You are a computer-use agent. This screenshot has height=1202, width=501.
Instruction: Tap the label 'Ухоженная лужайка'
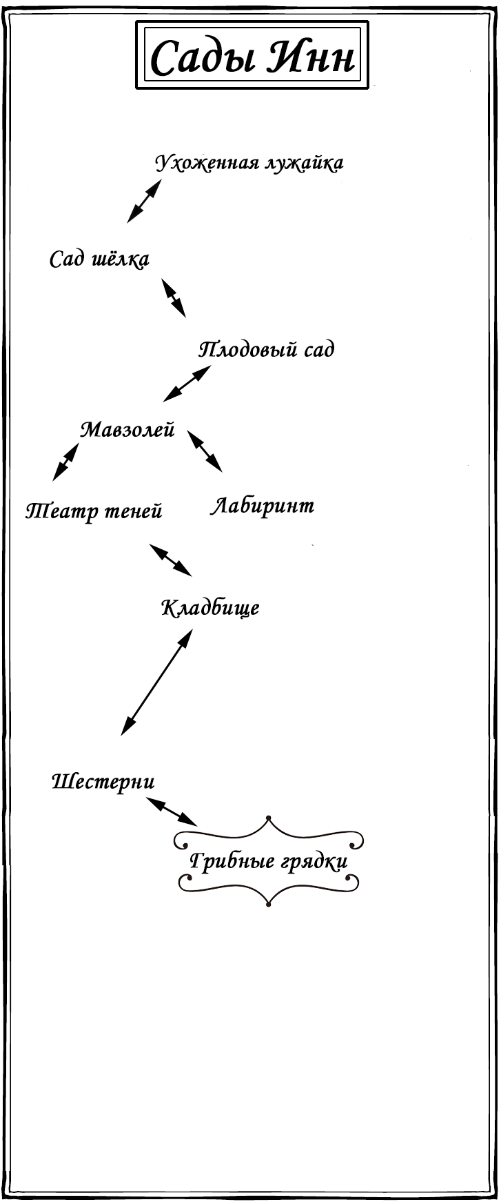point(249,164)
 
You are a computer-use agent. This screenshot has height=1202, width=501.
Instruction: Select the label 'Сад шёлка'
point(99,259)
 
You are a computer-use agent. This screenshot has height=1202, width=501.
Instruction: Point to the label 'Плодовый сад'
point(267,350)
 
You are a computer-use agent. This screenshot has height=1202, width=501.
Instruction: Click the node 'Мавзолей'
point(127,430)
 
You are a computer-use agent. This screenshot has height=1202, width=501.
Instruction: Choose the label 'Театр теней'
point(94,511)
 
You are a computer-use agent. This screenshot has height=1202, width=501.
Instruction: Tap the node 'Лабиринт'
point(262,506)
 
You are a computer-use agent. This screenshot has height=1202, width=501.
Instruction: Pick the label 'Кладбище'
point(210,608)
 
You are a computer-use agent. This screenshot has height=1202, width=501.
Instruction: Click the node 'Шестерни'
point(103,782)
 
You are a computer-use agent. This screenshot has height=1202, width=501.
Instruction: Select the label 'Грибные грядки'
point(268,862)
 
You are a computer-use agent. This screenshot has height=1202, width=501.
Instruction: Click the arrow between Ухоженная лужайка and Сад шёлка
point(144,201)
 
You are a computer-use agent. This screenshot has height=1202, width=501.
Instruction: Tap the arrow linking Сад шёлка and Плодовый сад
point(174,298)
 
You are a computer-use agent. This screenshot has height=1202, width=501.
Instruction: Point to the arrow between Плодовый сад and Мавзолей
point(187,383)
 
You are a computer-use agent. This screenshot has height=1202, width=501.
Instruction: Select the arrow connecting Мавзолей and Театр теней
point(66,462)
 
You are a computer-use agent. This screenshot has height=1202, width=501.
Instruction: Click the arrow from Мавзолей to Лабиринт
point(205,452)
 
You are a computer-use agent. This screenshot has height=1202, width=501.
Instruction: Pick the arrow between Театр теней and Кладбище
point(171,560)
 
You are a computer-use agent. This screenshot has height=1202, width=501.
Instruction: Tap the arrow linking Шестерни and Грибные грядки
point(172,811)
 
